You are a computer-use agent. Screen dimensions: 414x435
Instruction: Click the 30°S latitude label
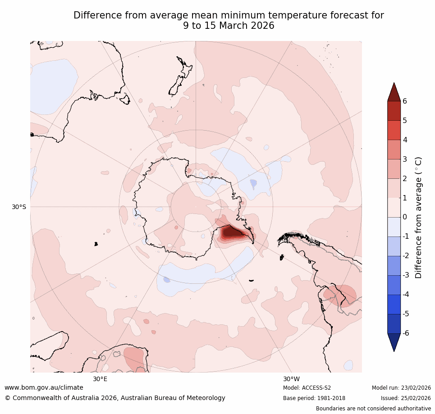[19, 207]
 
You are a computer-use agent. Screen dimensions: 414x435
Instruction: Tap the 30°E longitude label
[100, 379]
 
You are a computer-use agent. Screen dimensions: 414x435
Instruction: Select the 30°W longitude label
[291, 379]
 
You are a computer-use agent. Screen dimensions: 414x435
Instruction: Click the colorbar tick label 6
[405, 101]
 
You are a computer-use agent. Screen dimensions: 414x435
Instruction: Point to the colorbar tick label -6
[406, 333]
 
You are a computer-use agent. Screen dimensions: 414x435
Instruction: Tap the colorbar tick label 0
[405, 217]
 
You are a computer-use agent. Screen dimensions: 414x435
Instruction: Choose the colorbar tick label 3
[405, 159]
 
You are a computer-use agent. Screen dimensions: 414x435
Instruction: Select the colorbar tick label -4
[406, 294]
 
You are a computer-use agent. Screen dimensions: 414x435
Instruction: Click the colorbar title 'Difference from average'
[419, 218]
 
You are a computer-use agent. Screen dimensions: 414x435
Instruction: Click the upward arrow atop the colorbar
[394, 92]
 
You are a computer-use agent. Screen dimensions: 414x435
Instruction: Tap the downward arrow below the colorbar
[394, 341]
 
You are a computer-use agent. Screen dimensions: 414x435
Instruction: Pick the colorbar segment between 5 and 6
[394, 111]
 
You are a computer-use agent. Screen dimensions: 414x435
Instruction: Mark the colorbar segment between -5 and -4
[394, 304]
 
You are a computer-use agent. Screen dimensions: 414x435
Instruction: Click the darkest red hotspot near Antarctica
[232, 232]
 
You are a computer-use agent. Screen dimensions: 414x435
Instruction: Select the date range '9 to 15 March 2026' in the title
[229, 26]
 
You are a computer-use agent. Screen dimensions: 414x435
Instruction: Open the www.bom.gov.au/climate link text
[44, 388]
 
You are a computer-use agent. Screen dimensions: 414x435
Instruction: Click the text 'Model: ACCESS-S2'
[307, 388]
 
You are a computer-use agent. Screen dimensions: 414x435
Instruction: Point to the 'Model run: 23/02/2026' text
[401, 388]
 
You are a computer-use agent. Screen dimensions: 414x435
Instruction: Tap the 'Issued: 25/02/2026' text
[406, 398]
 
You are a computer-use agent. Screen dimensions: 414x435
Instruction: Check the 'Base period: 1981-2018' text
[314, 398]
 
